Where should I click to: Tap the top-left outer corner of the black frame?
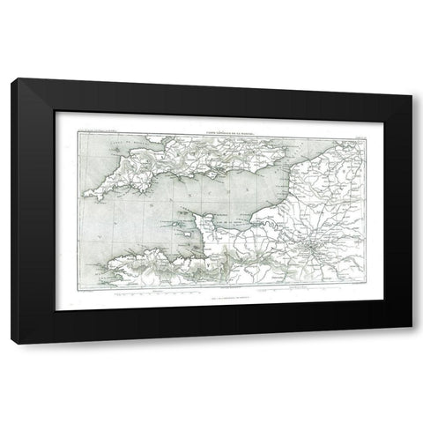(13, 78)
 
